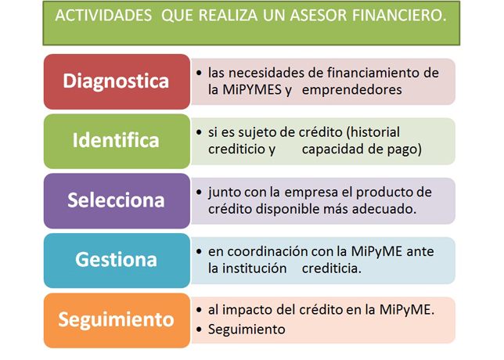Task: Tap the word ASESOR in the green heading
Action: [x=319, y=16]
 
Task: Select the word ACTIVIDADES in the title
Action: [x=103, y=16]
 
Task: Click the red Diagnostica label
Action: [x=116, y=81]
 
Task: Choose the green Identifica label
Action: [x=116, y=140]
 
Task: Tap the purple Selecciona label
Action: [x=116, y=200]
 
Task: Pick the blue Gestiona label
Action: [x=116, y=259]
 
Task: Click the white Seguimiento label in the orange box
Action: [x=116, y=319]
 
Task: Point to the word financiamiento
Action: [x=370, y=73]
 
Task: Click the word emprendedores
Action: [x=352, y=90]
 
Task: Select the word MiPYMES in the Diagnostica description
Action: [x=252, y=90]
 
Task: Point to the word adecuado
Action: [x=384, y=209]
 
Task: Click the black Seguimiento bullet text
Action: [x=247, y=329]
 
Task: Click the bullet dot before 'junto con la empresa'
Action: [x=199, y=193]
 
